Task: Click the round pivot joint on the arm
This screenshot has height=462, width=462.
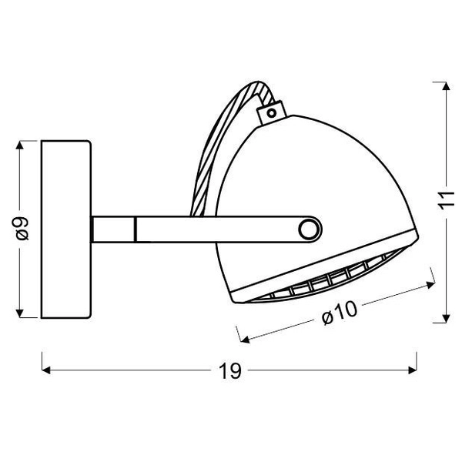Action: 310,229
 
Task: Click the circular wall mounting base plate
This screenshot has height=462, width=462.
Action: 66,229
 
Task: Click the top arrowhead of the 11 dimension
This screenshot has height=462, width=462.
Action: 444,87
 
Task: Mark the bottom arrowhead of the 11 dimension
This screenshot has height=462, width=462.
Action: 444,318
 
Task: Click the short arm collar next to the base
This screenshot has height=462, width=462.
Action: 113,229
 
